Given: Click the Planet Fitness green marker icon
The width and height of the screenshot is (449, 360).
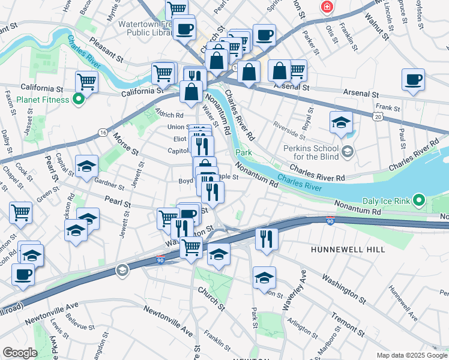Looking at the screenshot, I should [78, 99].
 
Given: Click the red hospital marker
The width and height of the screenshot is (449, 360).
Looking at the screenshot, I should [327, 7].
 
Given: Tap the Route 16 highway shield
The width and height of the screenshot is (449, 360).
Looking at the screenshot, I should [104, 132].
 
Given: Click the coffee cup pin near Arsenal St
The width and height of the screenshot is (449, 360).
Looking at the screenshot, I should [413, 80].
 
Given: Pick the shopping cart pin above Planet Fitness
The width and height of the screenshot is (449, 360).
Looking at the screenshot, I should [86, 81].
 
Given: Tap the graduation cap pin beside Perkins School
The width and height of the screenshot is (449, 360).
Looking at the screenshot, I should [341, 122].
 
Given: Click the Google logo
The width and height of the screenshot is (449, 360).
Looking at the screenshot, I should [20, 353].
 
